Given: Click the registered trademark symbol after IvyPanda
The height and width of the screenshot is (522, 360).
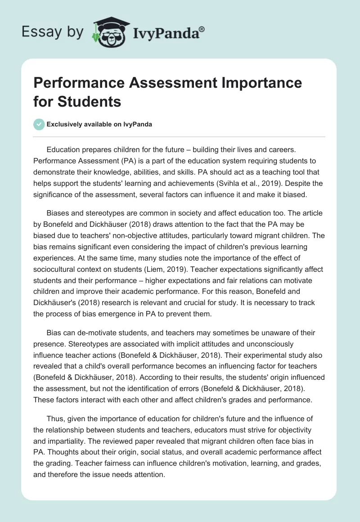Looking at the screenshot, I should coord(202,29).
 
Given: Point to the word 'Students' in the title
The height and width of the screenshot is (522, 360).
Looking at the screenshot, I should coord(95,102).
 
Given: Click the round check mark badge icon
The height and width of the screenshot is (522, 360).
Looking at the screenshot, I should coord(39,124).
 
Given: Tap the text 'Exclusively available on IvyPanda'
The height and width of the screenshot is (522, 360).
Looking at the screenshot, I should coord(99,125).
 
